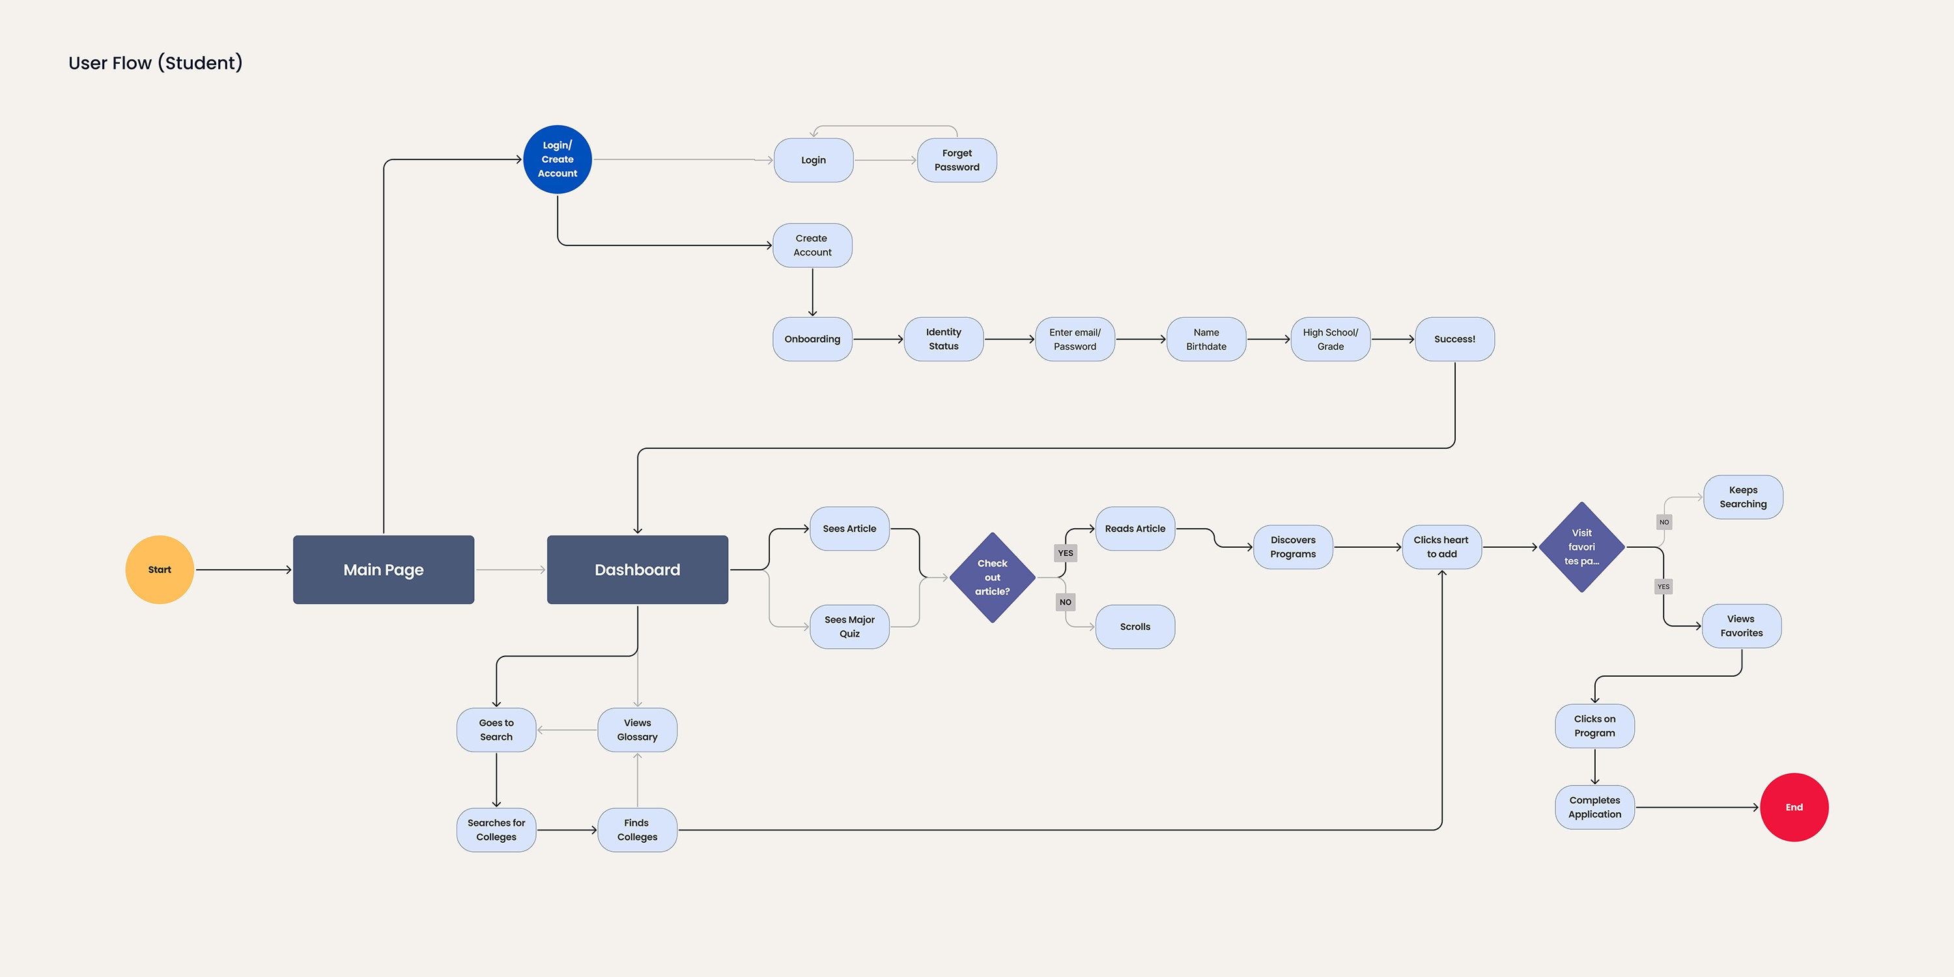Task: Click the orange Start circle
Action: tap(160, 570)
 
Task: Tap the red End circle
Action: tap(1794, 807)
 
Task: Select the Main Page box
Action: tap(383, 570)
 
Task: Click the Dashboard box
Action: tap(637, 570)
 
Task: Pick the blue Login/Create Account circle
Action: tap(558, 160)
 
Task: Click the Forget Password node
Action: tap(957, 160)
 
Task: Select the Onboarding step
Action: tap(812, 339)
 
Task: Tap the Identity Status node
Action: tap(944, 339)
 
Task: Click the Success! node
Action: tap(1455, 339)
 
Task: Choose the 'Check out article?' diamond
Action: tap(992, 577)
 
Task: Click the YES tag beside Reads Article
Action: tap(1066, 553)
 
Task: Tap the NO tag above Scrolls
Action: tap(1066, 602)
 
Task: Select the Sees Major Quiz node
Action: tap(849, 627)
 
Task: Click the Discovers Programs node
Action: tap(1294, 547)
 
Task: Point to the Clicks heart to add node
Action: tap(1442, 547)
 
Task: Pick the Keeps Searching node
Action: tap(1743, 497)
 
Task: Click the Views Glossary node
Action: tap(637, 729)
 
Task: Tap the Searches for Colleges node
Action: tap(496, 830)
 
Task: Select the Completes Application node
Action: tap(1594, 807)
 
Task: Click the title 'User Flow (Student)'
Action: tap(156, 63)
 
